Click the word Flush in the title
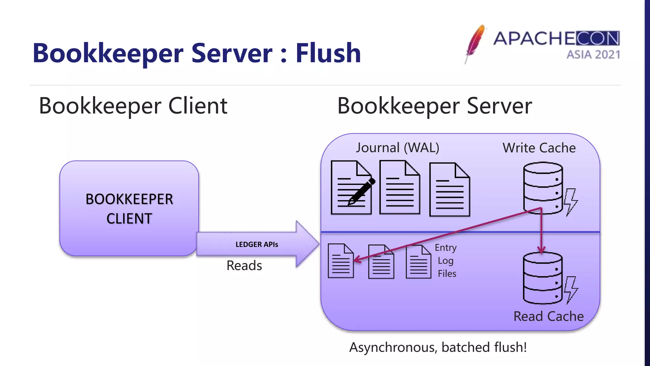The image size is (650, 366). (x=328, y=53)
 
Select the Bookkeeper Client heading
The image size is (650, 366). (x=133, y=106)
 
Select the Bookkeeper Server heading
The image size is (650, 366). (x=434, y=106)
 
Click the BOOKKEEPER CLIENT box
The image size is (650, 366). (x=129, y=208)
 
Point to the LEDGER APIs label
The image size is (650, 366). (x=256, y=244)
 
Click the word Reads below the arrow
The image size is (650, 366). (x=244, y=265)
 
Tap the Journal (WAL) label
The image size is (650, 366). (x=397, y=148)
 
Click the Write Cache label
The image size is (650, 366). (x=539, y=148)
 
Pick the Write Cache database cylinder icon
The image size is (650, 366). (x=543, y=187)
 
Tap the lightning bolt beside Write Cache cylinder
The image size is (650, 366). (x=571, y=202)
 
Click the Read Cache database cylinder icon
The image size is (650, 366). (x=542, y=278)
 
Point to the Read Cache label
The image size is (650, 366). (x=548, y=316)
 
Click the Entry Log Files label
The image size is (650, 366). (x=446, y=261)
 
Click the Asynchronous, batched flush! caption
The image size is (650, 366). (x=438, y=347)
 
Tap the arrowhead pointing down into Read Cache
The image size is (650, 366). (x=541, y=250)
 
